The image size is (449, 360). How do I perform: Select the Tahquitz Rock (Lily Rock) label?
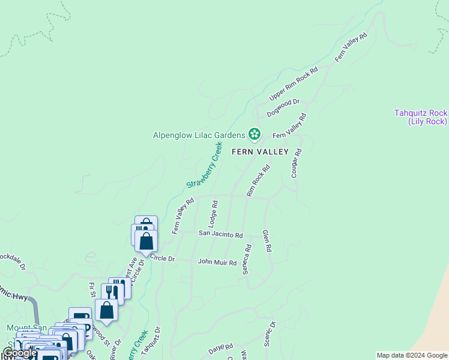pyautogui.click(x=421, y=117)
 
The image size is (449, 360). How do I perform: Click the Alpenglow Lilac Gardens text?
pyautogui.click(x=198, y=134)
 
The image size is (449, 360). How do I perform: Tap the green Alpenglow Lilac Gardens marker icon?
pyautogui.click(x=255, y=134)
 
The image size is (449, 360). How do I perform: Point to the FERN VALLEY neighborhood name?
pyautogui.click(x=261, y=152)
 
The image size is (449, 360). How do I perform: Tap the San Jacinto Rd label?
pyautogui.click(x=220, y=235)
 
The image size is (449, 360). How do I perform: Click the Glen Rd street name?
pyautogui.click(x=268, y=240)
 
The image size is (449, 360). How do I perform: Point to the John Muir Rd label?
pyautogui.click(x=217, y=262)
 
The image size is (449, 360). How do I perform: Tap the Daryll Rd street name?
pyautogui.click(x=220, y=348)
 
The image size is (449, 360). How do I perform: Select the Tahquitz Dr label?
pyautogui.click(x=152, y=341)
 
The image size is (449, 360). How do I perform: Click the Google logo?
pyautogui.click(x=20, y=353)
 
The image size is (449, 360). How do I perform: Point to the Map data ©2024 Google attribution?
pyautogui.click(x=412, y=355)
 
